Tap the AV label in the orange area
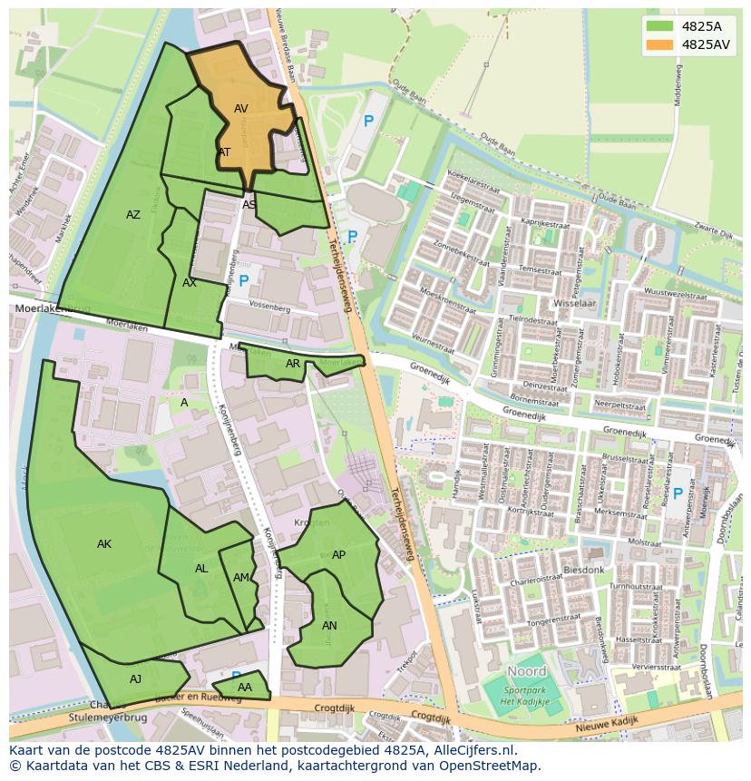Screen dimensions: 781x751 coord(241,109)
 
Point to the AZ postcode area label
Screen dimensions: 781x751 coord(133,215)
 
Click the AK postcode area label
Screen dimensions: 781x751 coord(104,544)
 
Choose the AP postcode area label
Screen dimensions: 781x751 coord(338,555)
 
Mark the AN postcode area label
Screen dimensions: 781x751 coord(329,626)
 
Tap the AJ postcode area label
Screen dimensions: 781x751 coord(135,679)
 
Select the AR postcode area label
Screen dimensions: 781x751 coord(293,364)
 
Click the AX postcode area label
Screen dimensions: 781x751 coord(190,283)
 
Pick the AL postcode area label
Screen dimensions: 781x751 coord(201,569)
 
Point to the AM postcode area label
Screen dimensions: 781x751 coord(240,578)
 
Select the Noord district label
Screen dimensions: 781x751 coord(526,671)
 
